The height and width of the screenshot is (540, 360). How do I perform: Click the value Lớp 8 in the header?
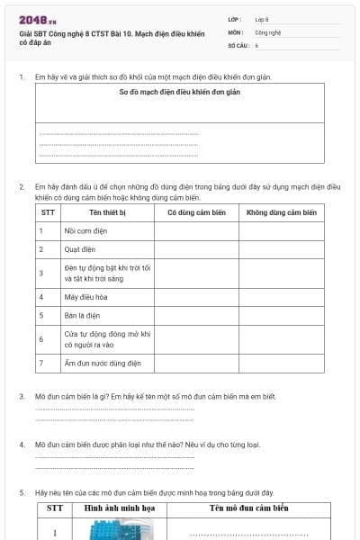[262, 18]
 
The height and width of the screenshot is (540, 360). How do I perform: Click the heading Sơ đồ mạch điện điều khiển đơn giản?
[180, 92]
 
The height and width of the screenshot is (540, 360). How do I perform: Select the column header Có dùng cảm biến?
[196, 212]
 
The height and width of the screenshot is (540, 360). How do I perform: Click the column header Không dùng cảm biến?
[281, 212]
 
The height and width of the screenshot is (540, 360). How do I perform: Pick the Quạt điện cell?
[80, 250]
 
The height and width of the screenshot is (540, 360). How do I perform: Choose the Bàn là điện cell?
[81, 315]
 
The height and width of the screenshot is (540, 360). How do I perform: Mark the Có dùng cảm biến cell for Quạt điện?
[196, 250]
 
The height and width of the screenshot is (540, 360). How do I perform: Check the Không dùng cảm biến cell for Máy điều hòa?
[281, 296]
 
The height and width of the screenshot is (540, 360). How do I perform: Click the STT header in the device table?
[48, 212]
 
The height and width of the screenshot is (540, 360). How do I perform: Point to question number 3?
[22, 396]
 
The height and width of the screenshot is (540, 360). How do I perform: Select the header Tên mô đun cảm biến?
[249, 508]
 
